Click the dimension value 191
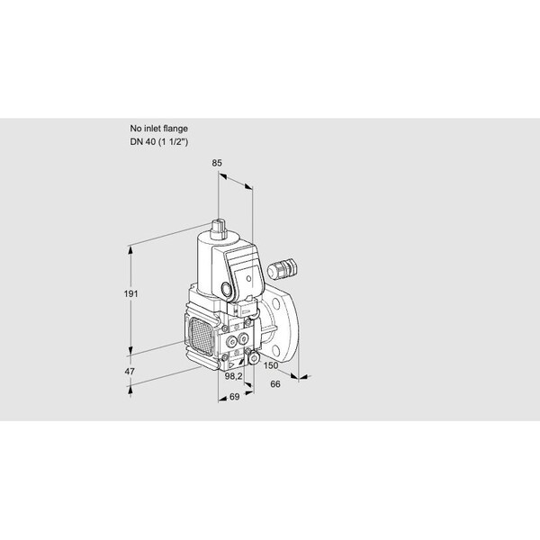(130, 293)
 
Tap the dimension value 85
(217, 163)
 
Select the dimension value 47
(130, 372)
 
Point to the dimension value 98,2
(233, 376)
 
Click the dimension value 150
(271, 365)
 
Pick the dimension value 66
(275, 384)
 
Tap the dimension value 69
(234, 397)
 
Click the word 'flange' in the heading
(175, 129)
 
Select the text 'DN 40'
(142, 142)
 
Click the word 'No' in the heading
(135, 129)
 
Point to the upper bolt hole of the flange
(275, 304)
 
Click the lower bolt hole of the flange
(275, 351)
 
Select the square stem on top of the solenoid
(220, 229)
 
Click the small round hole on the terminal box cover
(249, 278)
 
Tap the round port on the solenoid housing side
(226, 289)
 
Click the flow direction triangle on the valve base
(232, 365)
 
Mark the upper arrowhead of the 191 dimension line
(130, 250)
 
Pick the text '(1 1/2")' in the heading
(173, 142)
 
